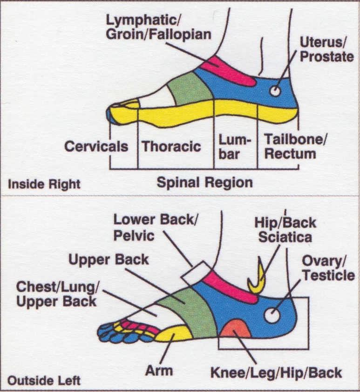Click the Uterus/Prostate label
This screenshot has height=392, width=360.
click(x=326, y=50)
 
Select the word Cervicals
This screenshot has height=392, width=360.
click(x=96, y=146)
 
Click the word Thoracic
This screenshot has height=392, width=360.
click(x=171, y=146)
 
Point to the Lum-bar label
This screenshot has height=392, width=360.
click(x=235, y=147)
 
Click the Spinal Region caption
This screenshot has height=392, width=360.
click(x=204, y=182)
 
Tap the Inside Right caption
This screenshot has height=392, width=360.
click(x=45, y=184)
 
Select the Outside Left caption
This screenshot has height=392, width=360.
click(x=45, y=380)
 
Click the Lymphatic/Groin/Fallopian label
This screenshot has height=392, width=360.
click(x=159, y=27)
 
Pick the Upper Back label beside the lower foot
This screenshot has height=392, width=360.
click(x=109, y=260)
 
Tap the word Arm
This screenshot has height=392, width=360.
click(x=158, y=371)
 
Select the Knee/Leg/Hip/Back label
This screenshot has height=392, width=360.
click(x=276, y=373)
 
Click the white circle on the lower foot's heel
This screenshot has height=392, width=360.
click(x=272, y=315)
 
